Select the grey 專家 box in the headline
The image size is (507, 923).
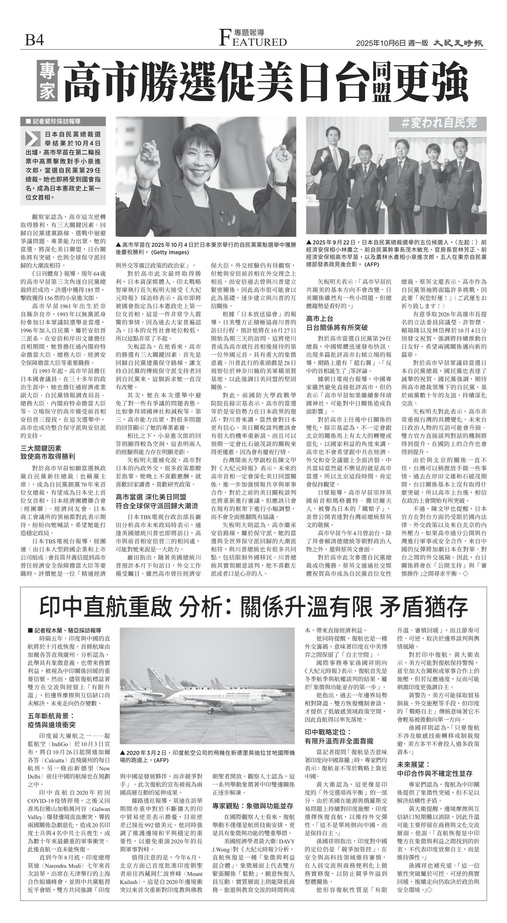(x=47, y=81)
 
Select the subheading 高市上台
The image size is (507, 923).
(x=320, y=318)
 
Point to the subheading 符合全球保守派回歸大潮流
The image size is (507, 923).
(x=157, y=506)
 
